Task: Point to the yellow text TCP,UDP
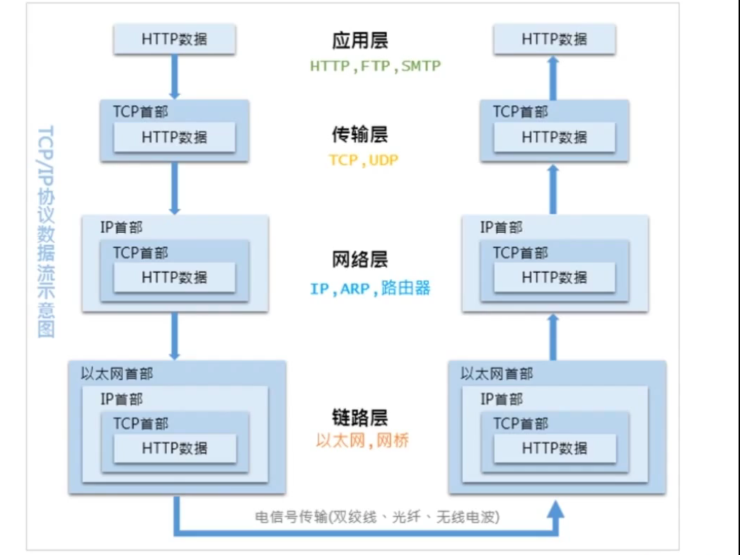click(364, 160)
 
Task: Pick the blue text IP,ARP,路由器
click(370, 288)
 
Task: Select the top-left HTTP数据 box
click(175, 40)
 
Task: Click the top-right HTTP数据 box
click(555, 40)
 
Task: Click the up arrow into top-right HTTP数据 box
click(555, 76)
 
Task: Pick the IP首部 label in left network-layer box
click(122, 227)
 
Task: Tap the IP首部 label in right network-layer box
click(502, 227)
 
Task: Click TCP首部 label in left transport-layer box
click(141, 111)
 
